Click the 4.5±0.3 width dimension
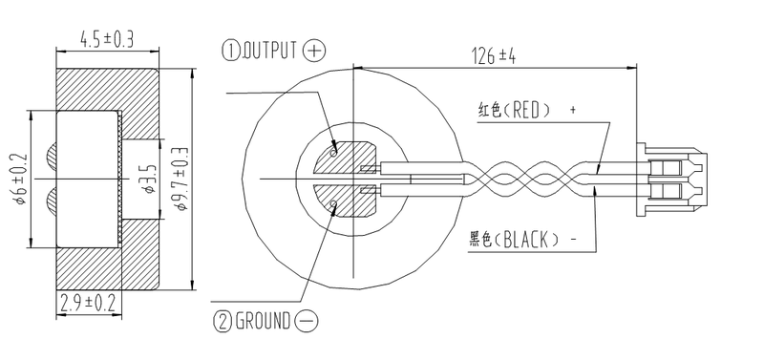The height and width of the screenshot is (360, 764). coord(106,39)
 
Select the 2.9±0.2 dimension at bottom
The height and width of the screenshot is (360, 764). coord(88,304)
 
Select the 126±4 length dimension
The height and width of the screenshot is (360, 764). coord(494,55)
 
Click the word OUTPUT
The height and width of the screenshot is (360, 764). coord(271,50)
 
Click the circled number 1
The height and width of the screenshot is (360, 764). coord(230,50)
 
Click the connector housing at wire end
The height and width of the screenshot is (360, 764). coord(674,178)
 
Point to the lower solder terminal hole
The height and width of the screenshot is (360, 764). coord(334,203)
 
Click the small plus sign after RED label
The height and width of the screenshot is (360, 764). coord(573,110)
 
